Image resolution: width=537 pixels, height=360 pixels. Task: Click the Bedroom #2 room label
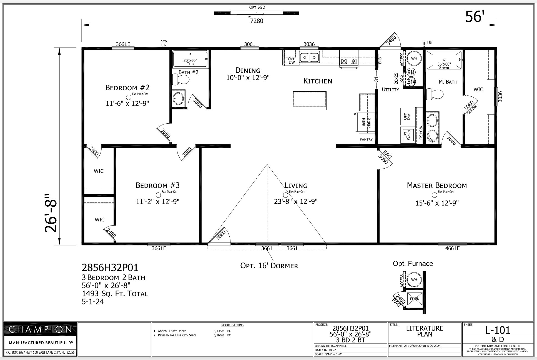(127, 88)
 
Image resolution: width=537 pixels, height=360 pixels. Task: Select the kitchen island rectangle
(309, 101)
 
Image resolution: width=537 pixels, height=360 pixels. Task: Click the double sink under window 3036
(309, 58)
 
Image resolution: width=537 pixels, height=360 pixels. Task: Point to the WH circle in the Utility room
(414, 58)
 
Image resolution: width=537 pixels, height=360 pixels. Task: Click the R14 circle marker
(411, 72)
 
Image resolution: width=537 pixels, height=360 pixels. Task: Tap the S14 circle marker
(411, 82)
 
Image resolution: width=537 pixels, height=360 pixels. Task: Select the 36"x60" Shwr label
(444, 66)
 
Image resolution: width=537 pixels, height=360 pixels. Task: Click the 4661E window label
(452, 249)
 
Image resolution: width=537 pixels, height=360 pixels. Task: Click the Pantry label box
(366, 139)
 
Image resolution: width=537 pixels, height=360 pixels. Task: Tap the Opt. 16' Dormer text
(269, 266)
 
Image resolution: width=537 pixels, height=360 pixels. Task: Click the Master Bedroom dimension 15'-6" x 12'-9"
(437, 203)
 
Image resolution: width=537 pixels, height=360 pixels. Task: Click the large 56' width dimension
(475, 17)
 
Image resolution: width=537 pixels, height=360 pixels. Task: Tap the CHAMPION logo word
(40, 330)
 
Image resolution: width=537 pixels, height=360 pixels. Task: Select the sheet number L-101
(498, 330)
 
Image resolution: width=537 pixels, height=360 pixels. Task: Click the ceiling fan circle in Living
(285, 195)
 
